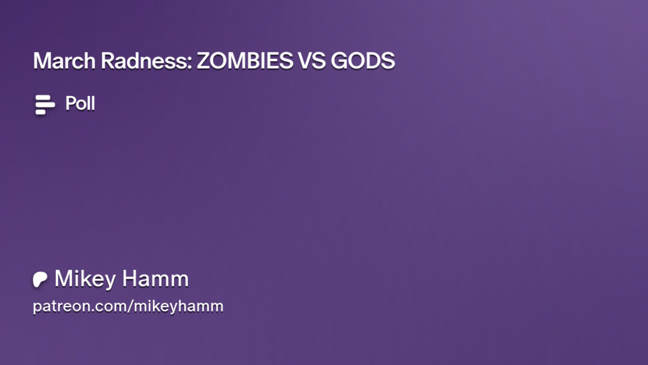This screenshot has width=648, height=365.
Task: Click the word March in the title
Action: pos(64,61)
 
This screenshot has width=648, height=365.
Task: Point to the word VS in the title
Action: pos(312,61)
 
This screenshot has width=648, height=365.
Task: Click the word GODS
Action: pos(363,61)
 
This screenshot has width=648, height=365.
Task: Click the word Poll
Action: pos(80,103)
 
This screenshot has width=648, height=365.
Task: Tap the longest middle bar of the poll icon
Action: pos(45,105)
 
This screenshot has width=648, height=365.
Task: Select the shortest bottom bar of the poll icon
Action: pos(40,112)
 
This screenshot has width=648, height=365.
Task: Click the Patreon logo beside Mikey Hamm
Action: pos(40,279)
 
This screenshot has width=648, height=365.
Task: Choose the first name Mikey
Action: pos(85,279)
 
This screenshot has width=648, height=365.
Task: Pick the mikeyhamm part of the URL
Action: pos(179,306)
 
